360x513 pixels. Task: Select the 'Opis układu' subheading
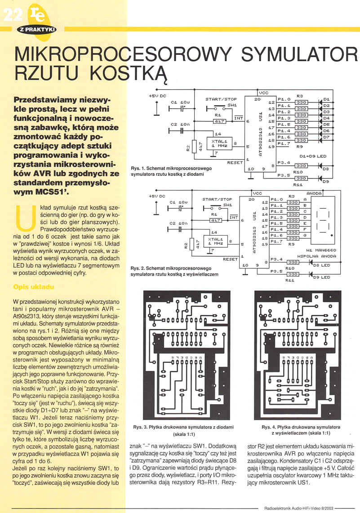[x=34, y=287]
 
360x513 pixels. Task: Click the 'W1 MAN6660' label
[x=320, y=249]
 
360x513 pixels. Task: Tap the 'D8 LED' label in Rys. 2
[x=321, y=265]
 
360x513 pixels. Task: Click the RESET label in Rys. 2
[x=230, y=259]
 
